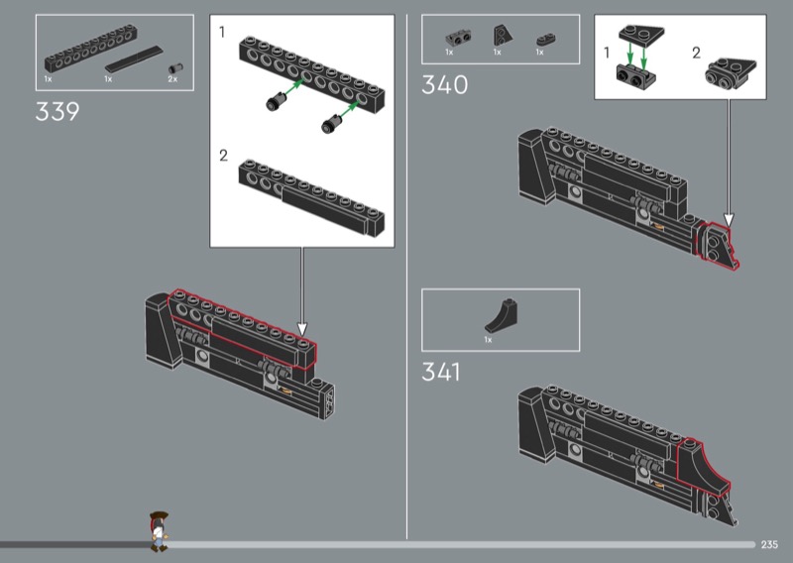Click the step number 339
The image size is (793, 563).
click(57, 111)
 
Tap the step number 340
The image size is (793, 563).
click(444, 84)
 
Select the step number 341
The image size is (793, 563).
click(441, 372)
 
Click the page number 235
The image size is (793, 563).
click(769, 544)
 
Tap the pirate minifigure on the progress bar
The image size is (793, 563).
click(159, 531)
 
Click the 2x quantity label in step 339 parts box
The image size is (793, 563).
click(172, 79)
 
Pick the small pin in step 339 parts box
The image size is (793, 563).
click(175, 68)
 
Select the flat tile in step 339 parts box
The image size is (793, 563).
click(134, 59)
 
